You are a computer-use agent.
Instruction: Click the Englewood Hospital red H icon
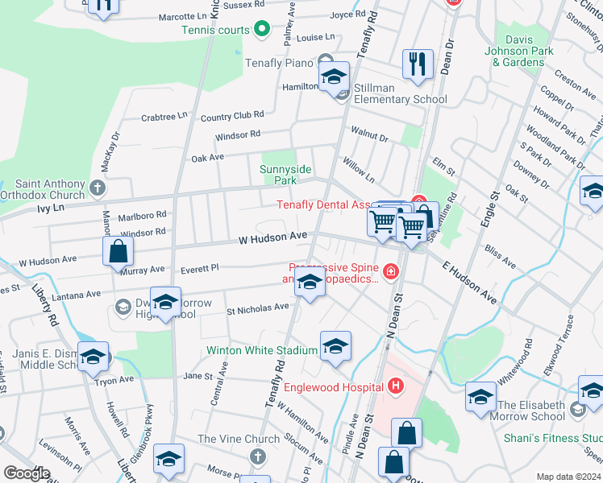[x=395, y=387]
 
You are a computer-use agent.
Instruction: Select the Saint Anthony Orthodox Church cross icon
[x=98, y=188]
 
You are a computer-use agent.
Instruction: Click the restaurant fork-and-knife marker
[x=417, y=64]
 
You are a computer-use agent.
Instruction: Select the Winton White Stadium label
[x=262, y=351]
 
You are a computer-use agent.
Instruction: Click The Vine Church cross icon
[x=257, y=457]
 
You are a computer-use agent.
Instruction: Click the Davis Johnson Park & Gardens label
[x=524, y=51]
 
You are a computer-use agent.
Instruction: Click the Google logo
[x=26, y=473]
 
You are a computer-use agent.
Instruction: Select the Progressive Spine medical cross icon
[x=391, y=272]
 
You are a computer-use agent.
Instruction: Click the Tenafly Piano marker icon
[x=326, y=60]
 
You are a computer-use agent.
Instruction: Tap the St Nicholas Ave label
[x=257, y=308]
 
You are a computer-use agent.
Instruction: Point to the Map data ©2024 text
[x=569, y=477]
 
